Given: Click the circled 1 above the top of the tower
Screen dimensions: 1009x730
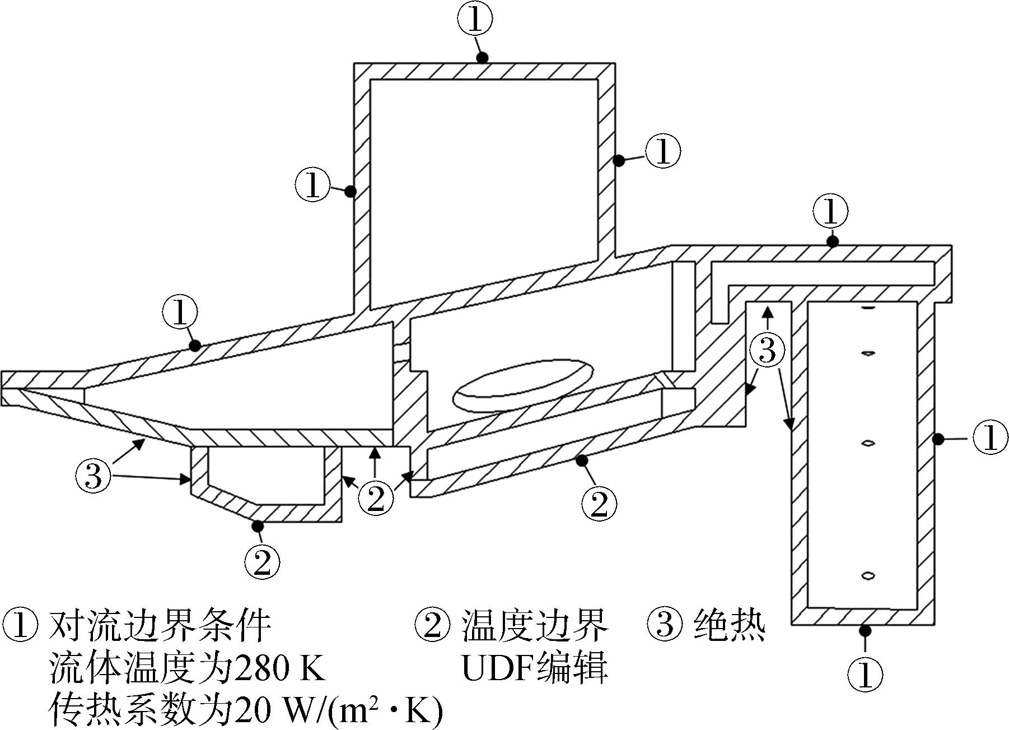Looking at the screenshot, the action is click(475, 20).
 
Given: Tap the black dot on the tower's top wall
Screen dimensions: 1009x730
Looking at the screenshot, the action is click(482, 58).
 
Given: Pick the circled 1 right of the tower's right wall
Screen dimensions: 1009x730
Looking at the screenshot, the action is click(662, 151).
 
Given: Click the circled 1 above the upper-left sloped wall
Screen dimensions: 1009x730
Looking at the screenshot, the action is click(180, 312).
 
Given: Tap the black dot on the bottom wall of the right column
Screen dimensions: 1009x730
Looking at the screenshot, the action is click(865, 631).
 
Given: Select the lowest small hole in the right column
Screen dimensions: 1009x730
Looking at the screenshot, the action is click(867, 575).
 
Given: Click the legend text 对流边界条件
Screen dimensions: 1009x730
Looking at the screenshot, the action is click(160, 626).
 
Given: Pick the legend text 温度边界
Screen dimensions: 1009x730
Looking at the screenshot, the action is click(535, 626).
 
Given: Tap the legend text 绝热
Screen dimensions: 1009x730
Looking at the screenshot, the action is click(730, 626).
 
